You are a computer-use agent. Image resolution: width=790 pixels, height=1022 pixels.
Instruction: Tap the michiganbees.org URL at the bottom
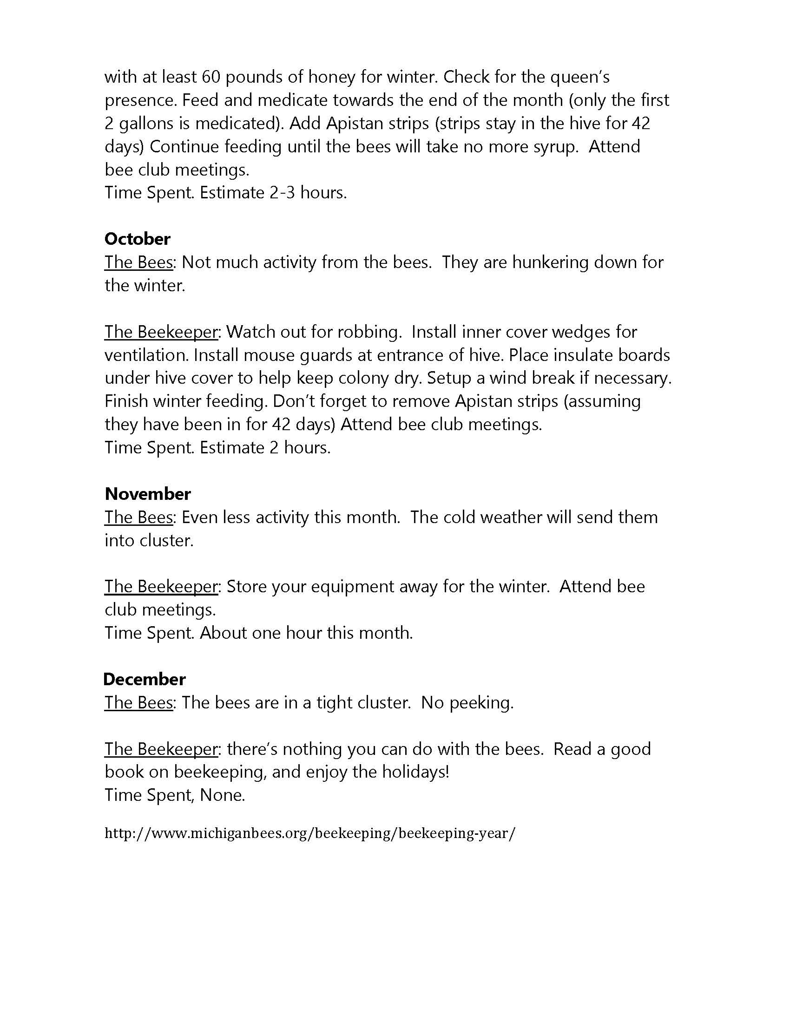(x=309, y=833)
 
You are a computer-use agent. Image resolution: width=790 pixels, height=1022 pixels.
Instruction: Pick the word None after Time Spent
(x=222, y=795)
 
